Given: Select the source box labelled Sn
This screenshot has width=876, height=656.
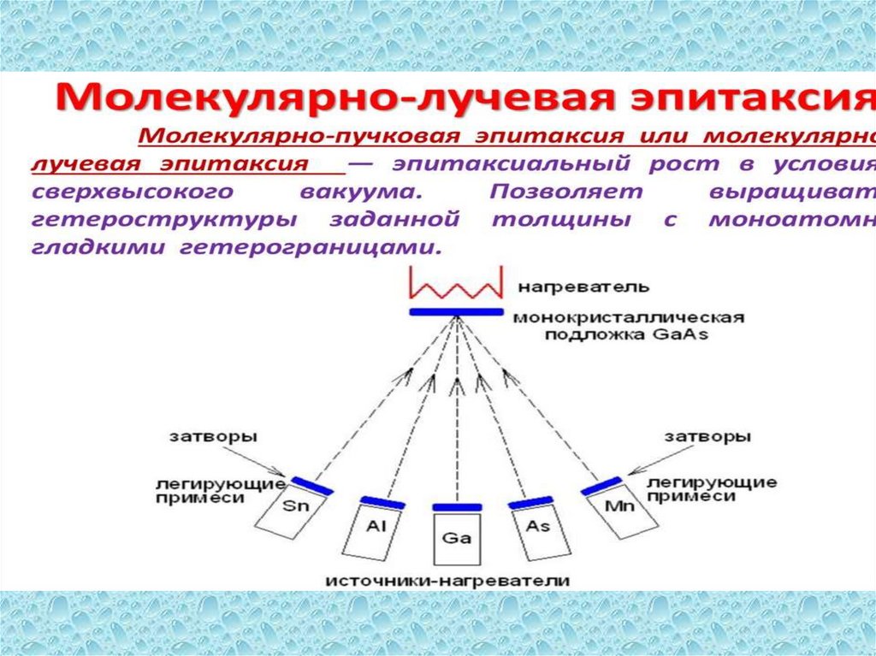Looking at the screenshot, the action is [289, 512].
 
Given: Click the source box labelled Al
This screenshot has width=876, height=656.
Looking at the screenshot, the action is [375, 529].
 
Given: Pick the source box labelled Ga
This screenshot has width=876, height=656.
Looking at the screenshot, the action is [457, 539].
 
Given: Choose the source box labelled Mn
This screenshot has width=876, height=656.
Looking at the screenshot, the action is [619, 512].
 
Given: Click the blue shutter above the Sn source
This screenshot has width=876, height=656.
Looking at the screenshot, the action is [310, 484].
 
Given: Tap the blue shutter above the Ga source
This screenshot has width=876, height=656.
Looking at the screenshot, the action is [457, 507].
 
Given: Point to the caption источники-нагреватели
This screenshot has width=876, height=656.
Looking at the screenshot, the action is [447, 580].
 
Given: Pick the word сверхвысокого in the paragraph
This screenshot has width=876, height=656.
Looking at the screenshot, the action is [121, 192].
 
